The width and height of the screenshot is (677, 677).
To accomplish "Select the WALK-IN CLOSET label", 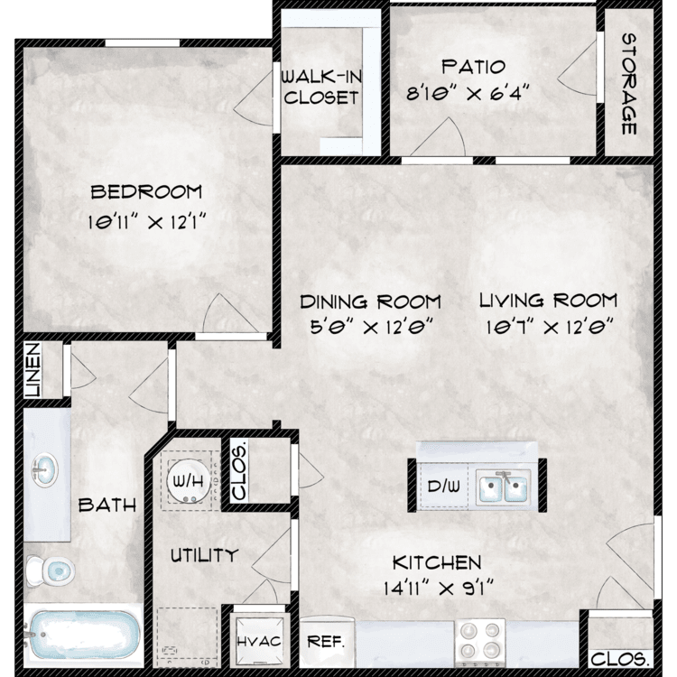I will [x=321, y=88].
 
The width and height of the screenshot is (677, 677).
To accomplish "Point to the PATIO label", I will [x=474, y=67].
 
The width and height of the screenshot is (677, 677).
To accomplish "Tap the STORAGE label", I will [x=629, y=84].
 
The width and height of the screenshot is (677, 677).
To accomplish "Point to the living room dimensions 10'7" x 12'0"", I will [x=548, y=328].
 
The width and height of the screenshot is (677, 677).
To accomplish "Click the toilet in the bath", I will [x=50, y=569].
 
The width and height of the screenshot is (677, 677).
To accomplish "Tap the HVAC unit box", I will [x=259, y=641].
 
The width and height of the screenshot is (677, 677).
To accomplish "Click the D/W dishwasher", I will [x=444, y=487].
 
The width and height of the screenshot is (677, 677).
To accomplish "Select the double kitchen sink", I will [x=503, y=488].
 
